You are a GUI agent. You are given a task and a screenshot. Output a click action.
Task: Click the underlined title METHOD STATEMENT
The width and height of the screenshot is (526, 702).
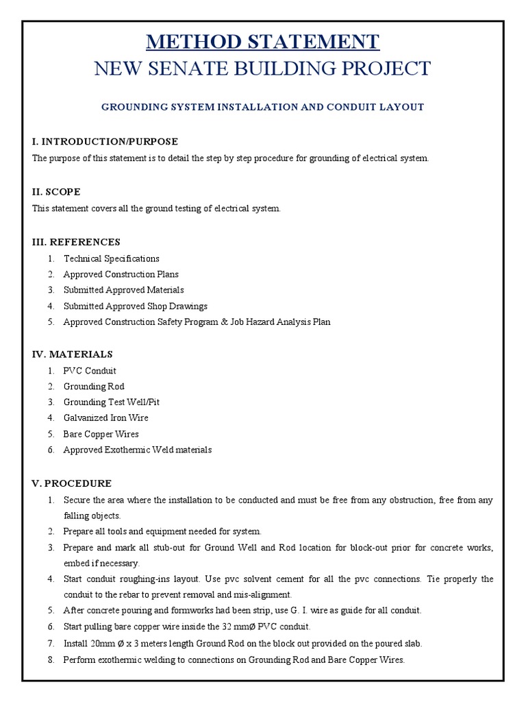[263, 42]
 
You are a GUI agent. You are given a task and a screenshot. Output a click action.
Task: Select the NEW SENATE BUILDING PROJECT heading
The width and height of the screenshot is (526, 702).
[263, 69]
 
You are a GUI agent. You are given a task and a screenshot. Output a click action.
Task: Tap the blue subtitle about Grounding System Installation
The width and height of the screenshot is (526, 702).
[263, 107]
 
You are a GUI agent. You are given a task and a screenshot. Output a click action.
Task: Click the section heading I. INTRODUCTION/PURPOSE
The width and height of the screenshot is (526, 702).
[105, 141]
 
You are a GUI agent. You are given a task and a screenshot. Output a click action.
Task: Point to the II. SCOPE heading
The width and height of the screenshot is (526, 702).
[56, 191]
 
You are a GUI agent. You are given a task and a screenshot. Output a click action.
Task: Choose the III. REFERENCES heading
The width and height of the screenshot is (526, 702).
[76, 241]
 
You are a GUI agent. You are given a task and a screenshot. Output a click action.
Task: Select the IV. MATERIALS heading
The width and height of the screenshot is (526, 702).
[72, 354]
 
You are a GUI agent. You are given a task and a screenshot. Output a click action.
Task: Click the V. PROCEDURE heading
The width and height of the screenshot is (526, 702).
[71, 483]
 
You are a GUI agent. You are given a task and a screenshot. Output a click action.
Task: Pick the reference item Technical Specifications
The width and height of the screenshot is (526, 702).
[111, 258]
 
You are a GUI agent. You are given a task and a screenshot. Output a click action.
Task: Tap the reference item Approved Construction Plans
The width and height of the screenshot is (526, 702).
[121, 274]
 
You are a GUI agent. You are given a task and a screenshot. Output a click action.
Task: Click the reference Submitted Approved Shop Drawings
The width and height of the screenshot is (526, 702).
[135, 306]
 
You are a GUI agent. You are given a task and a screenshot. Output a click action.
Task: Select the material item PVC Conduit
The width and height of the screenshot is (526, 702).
[90, 371]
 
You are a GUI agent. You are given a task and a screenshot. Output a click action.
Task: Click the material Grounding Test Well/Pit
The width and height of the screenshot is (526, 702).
[111, 402]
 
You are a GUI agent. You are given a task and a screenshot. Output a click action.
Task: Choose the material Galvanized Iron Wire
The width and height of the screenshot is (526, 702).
[105, 417]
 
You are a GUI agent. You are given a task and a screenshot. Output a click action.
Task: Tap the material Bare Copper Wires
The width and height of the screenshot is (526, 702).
[101, 434]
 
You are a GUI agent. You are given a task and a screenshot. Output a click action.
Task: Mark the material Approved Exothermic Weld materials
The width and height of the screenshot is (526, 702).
[137, 450]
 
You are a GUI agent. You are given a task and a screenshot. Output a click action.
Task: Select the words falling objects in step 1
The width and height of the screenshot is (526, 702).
[86, 516]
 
